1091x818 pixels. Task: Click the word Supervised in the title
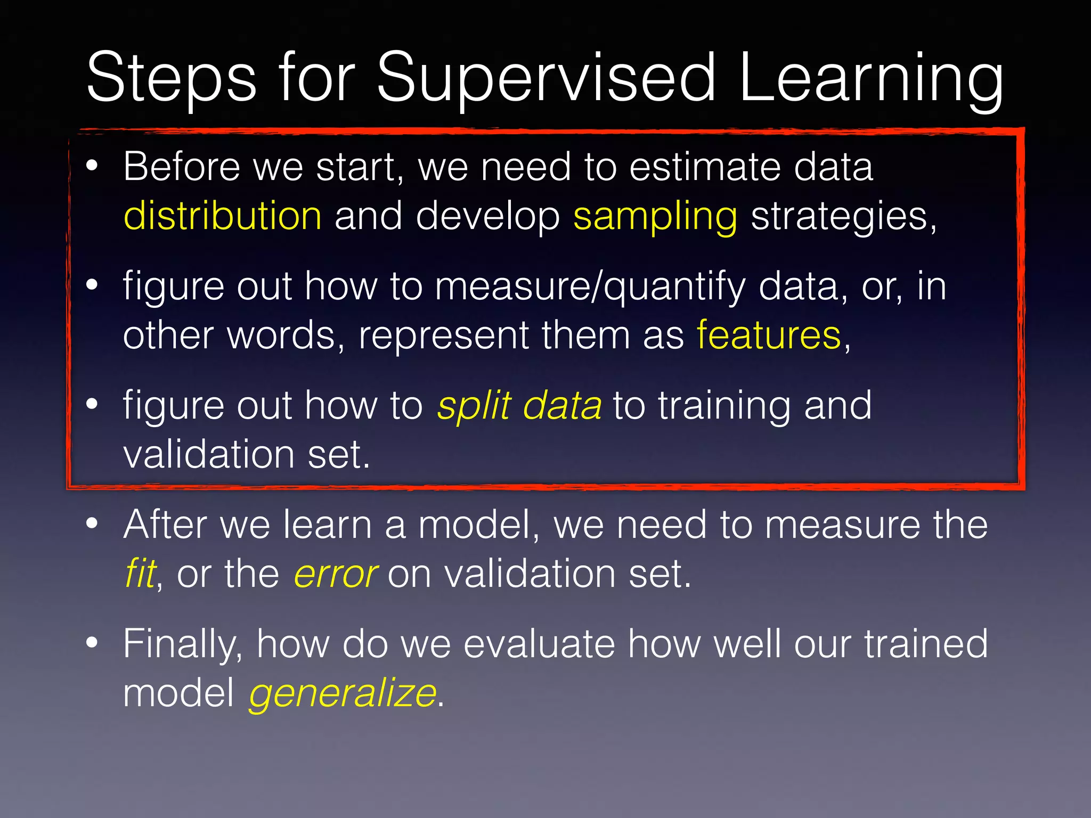[x=546, y=79]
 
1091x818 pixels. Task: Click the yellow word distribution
[x=222, y=216]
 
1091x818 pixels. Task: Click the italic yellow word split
[x=474, y=406]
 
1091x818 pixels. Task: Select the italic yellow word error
[x=336, y=575]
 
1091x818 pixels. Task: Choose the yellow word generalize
[x=343, y=694]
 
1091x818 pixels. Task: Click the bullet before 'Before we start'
[x=92, y=166]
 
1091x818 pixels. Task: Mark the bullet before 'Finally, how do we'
[x=92, y=642]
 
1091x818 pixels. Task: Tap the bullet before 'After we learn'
[x=92, y=523]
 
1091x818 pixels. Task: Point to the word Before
[x=182, y=167]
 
